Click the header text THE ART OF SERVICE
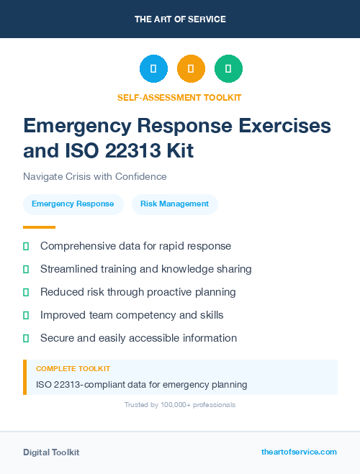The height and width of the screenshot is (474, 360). [x=180, y=19]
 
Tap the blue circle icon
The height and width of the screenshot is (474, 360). [x=153, y=69]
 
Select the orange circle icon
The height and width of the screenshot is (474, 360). [x=191, y=69]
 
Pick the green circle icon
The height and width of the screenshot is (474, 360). [x=228, y=69]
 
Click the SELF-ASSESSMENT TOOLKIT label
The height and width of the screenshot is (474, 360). [x=180, y=97]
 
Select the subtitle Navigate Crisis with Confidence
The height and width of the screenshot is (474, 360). [x=95, y=176]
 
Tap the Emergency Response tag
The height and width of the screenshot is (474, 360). [x=73, y=204]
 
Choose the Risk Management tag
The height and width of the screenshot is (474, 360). [x=175, y=204]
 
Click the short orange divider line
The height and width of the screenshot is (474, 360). [x=39, y=227]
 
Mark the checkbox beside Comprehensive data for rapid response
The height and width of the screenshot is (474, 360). [x=26, y=246]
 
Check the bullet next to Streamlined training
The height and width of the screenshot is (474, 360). [x=26, y=269]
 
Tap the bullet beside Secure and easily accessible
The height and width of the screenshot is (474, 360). [x=26, y=338]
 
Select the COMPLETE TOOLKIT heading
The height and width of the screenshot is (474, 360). [x=73, y=369]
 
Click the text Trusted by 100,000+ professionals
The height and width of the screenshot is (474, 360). [x=180, y=405]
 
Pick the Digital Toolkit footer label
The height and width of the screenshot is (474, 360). [x=51, y=452]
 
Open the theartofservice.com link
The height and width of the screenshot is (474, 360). [x=299, y=452]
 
